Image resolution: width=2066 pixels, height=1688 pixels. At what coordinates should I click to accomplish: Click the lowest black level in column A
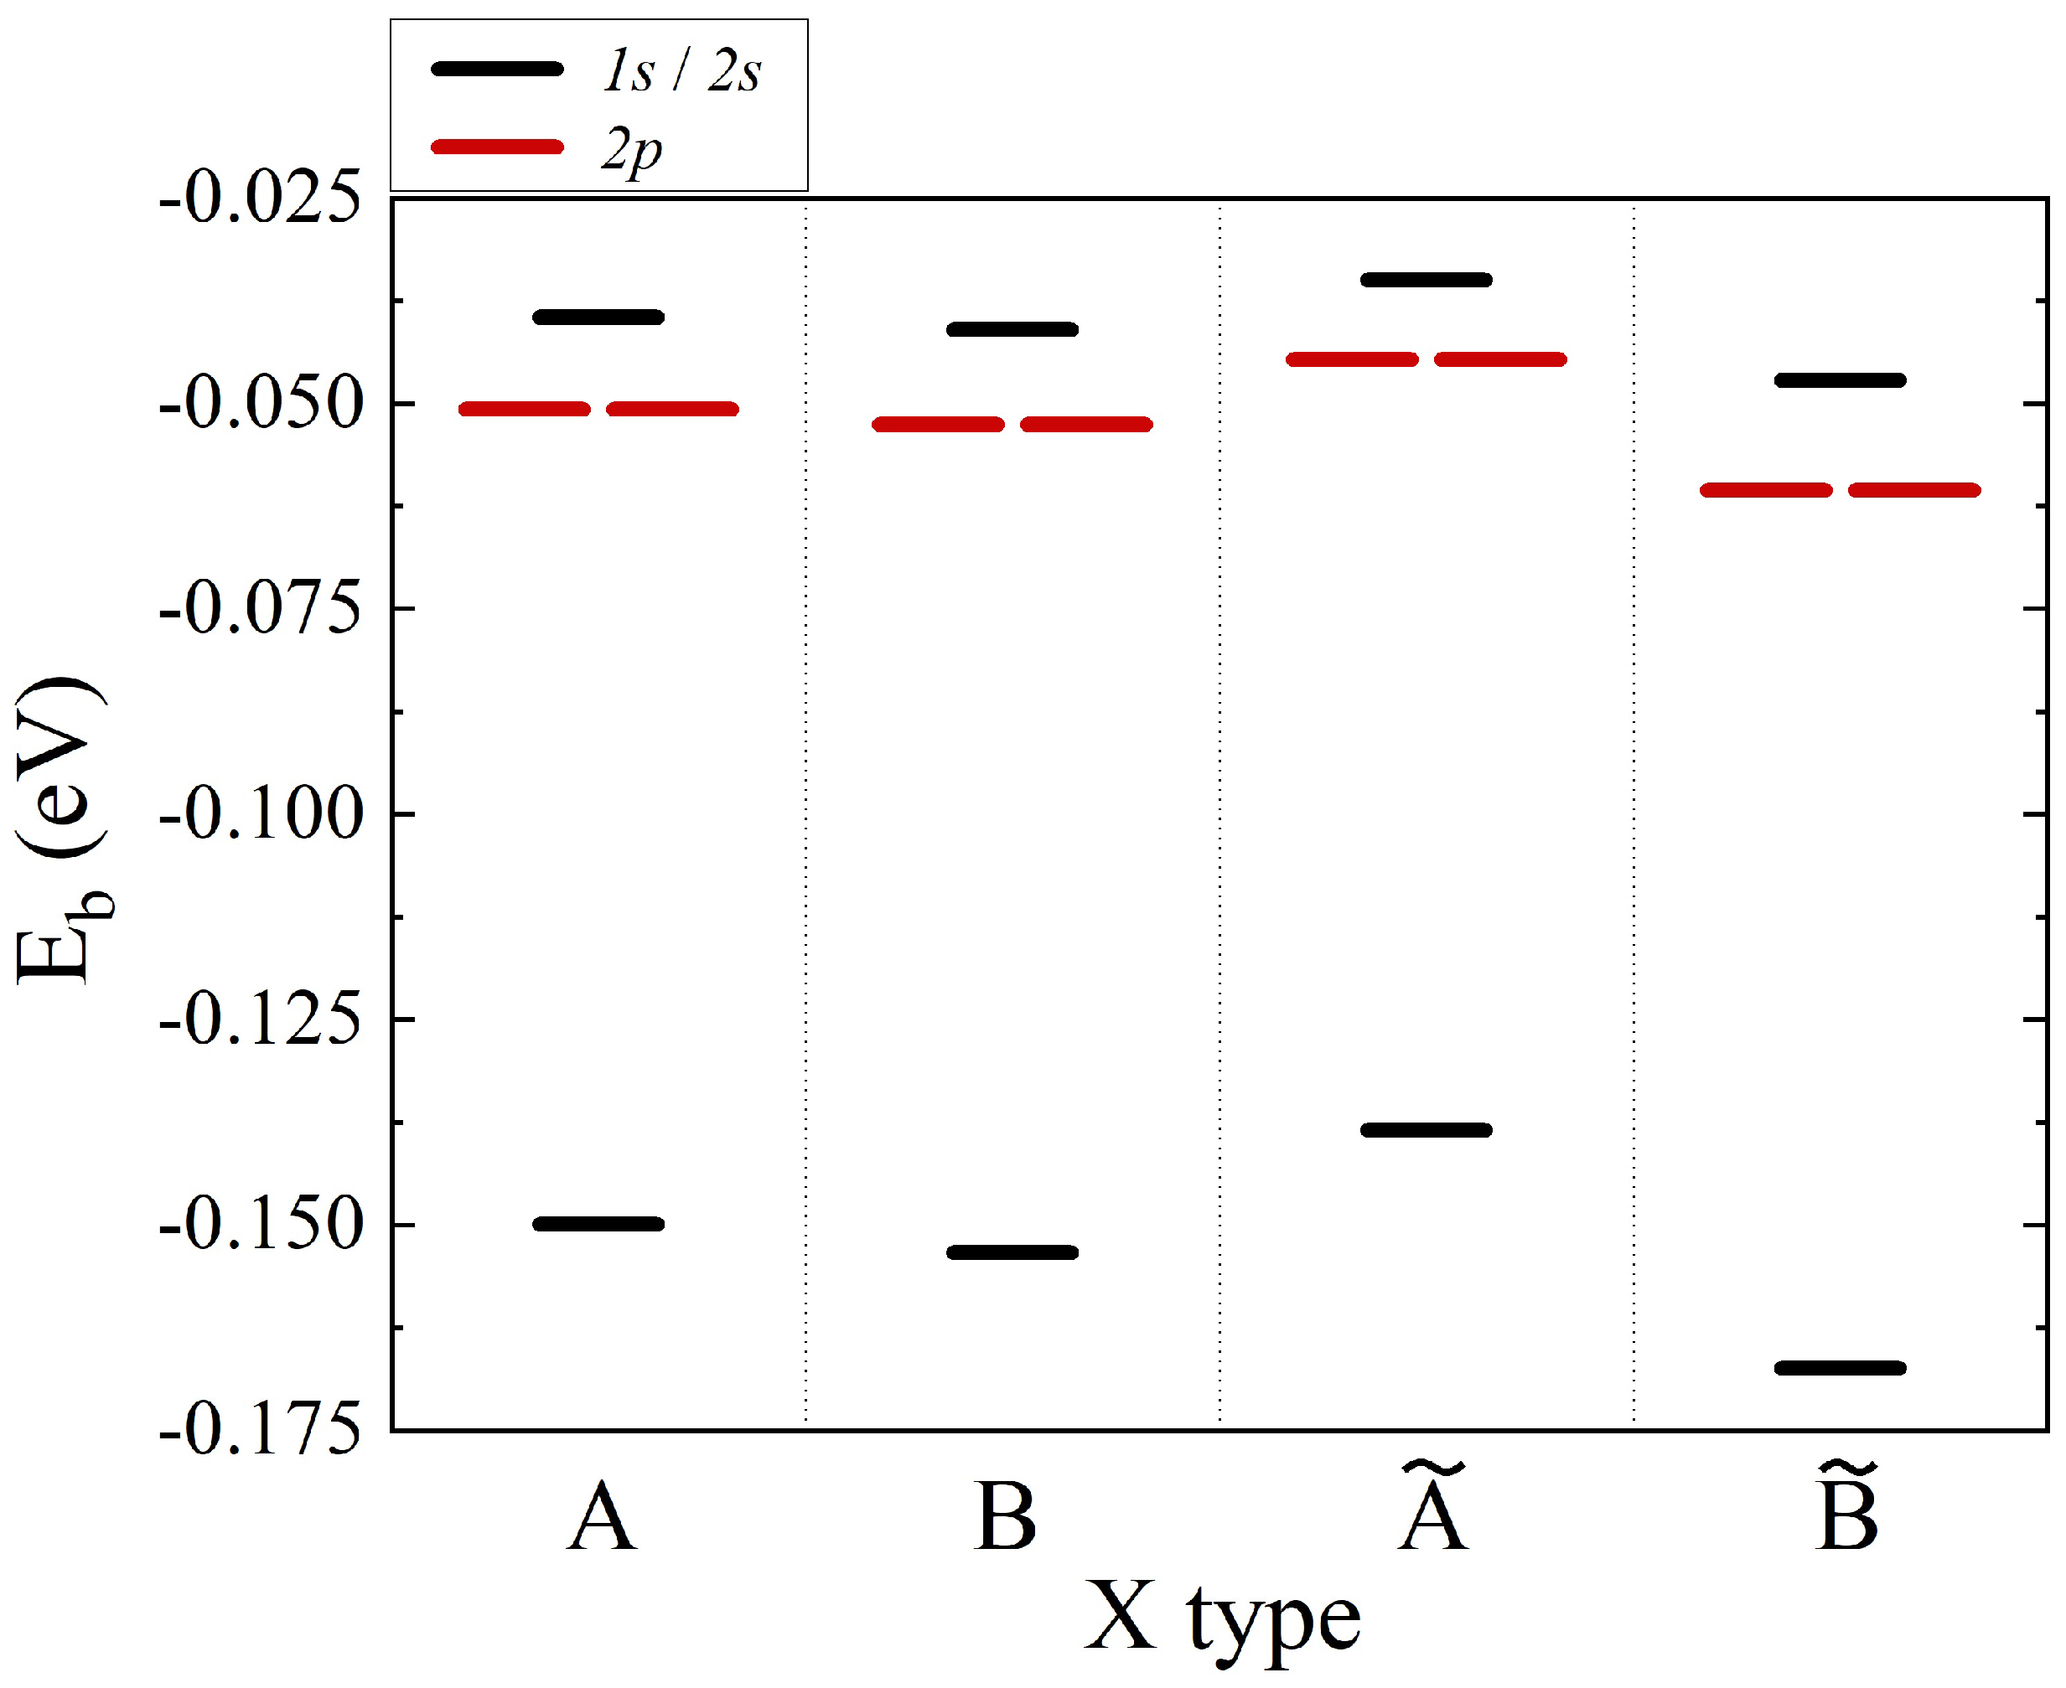[598, 1224]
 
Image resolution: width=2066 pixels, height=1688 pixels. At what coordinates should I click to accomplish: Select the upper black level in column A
[598, 317]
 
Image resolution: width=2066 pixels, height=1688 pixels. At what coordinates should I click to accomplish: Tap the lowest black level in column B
[1012, 1252]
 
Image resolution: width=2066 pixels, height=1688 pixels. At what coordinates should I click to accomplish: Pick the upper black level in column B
[1012, 329]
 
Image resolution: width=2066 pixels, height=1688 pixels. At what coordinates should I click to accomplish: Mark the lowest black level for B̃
[1841, 1368]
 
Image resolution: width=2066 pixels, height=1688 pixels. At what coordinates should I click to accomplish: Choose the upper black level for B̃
[1841, 380]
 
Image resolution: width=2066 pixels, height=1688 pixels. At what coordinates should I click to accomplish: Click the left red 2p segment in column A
[525, 410]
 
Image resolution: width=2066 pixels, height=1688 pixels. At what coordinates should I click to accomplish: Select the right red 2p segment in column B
[1086, 425]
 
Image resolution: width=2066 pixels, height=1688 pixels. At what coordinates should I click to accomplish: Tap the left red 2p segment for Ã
[1352, 359]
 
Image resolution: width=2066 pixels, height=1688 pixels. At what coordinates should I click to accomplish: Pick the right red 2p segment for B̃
[1914, 490]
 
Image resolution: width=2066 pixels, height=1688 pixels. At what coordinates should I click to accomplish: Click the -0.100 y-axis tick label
[261, 815]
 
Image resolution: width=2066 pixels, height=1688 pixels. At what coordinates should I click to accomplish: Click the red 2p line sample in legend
[497, 147]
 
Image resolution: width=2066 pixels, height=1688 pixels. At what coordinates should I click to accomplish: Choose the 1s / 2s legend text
[681, 70]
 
